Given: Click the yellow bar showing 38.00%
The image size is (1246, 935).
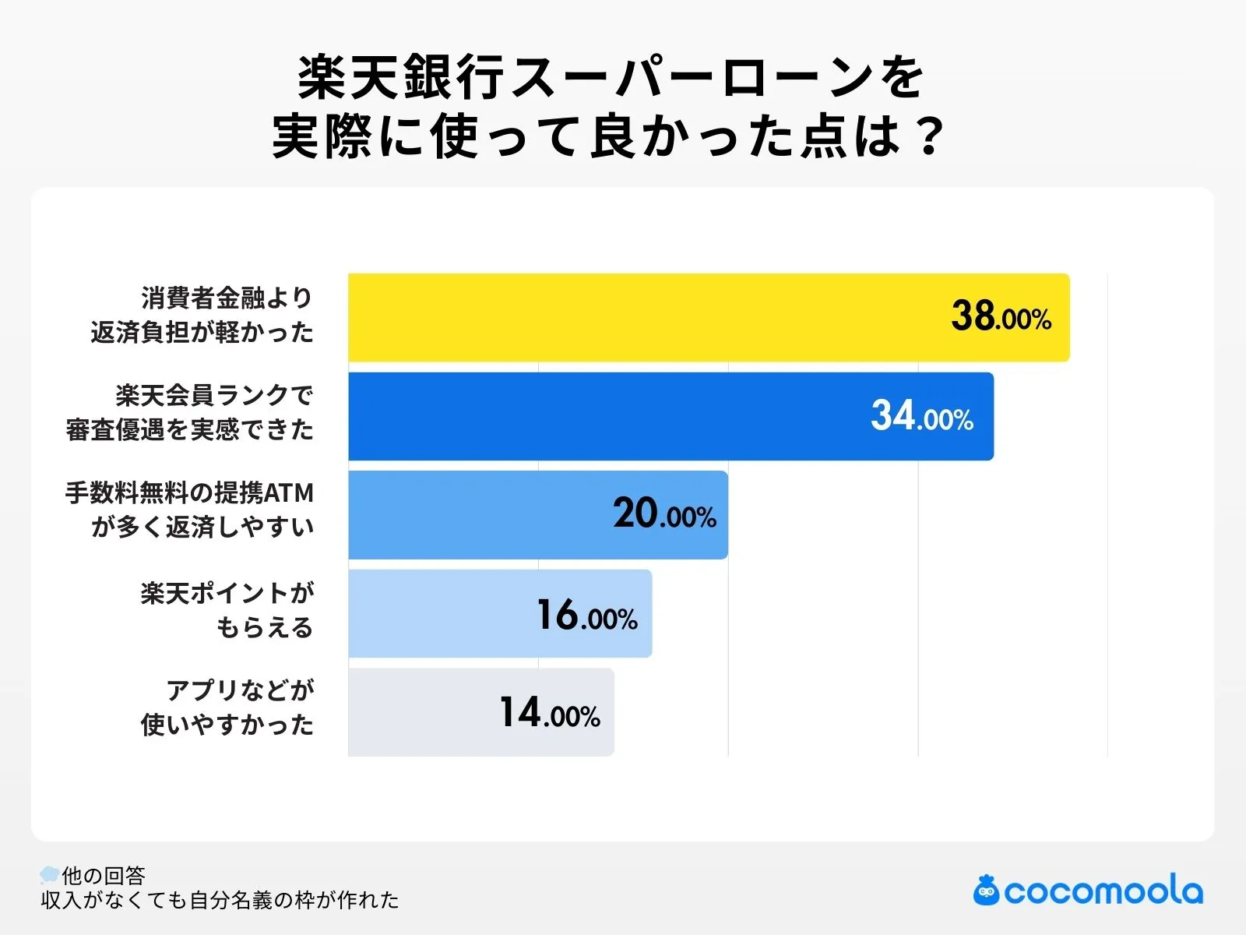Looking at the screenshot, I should pyautogui.click(x=639, y=317).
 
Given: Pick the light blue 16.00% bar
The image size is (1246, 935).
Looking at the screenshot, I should pyautogui.click(x=436, y=613).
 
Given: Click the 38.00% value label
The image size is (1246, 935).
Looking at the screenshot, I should pyautogui.click(x=1001, y=317).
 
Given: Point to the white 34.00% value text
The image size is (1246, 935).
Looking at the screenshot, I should pyautogui.click(x=922, y=416).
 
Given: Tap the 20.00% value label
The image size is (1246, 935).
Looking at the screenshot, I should pyautogui.click(x=664, y=514).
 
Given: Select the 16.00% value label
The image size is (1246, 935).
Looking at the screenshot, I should pyautogui.click(x=587, y=615).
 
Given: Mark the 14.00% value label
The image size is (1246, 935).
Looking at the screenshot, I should pyautogui.click(x=550, y=713).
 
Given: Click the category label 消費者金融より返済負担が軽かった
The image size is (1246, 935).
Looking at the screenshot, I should pyautogui.click(x=202, y=315).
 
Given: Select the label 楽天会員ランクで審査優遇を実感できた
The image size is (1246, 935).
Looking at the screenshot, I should pyautogui.click(x=190, y=413).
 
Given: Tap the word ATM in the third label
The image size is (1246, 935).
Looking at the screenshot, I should pyautogui.click(x=289, y=493).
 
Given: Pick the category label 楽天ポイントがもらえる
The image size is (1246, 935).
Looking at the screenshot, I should pyautogui.click(x=227, y=610).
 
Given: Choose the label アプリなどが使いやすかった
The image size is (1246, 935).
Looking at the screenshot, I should pyautogui.click(x=227, y=707).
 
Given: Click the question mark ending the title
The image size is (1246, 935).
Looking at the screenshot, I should pyautogui.click(x=928, y=136).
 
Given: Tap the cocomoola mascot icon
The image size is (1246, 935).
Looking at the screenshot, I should pyautogui.click(x=986, y=891).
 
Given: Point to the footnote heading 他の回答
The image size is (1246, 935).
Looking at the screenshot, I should pyautogui.click(x=104, y=876).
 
